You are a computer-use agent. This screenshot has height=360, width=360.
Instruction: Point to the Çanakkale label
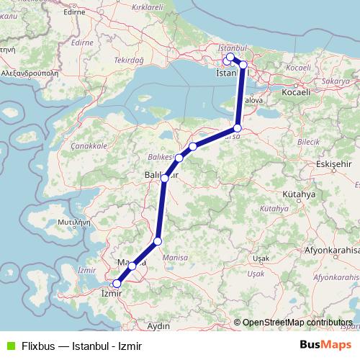point(89,145)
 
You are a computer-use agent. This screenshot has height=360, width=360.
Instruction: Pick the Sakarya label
point(336,82)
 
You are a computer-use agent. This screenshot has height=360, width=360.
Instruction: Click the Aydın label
point(158,326)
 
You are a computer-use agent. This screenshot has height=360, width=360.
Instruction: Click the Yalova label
point(252,101)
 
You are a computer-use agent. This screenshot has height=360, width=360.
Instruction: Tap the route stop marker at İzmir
point(117,284)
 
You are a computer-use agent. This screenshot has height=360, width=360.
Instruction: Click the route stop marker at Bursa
point(238,129)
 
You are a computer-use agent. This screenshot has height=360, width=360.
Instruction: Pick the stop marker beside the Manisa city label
point(132,266)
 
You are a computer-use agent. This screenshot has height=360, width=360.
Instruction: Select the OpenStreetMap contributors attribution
point(297,323)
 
